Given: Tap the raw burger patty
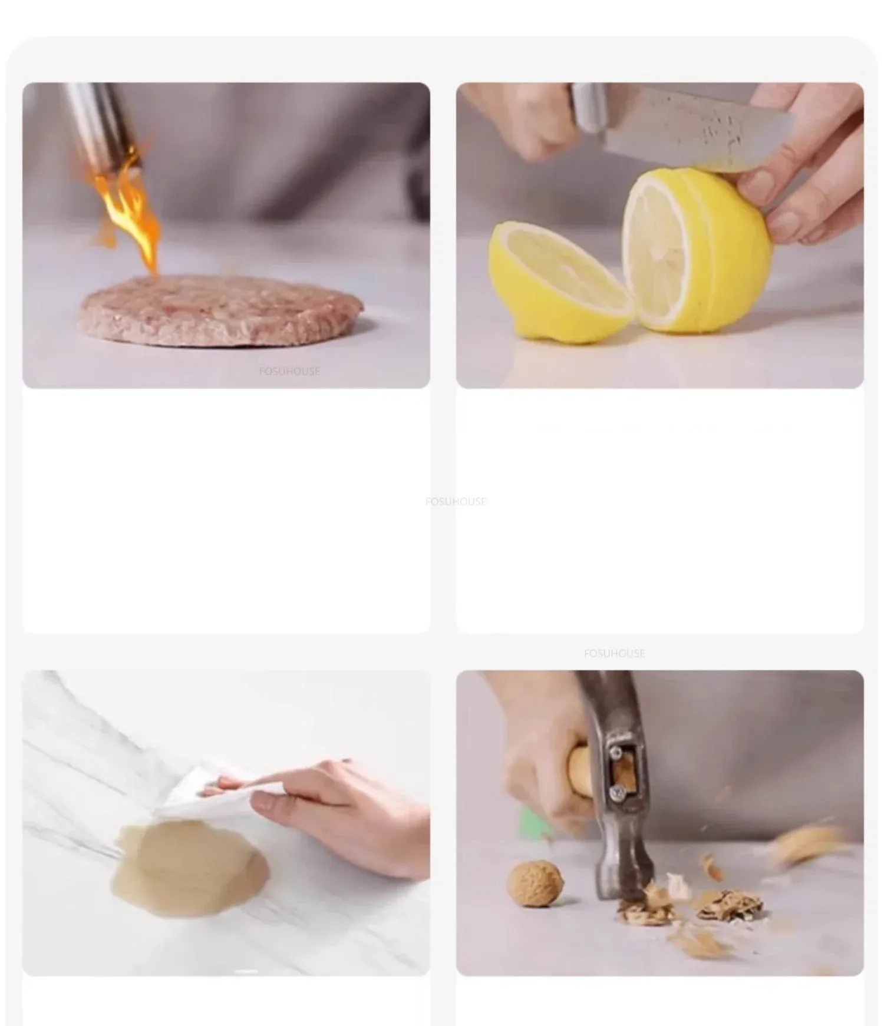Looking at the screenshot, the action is point(222,309).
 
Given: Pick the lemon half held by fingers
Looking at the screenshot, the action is point(695,250).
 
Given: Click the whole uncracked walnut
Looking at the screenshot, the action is point(535,883).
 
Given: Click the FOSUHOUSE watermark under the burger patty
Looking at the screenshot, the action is point(289,371).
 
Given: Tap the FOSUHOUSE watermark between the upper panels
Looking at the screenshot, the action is point(456,501).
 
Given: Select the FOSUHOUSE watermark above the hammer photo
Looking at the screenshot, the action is point(614,653).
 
